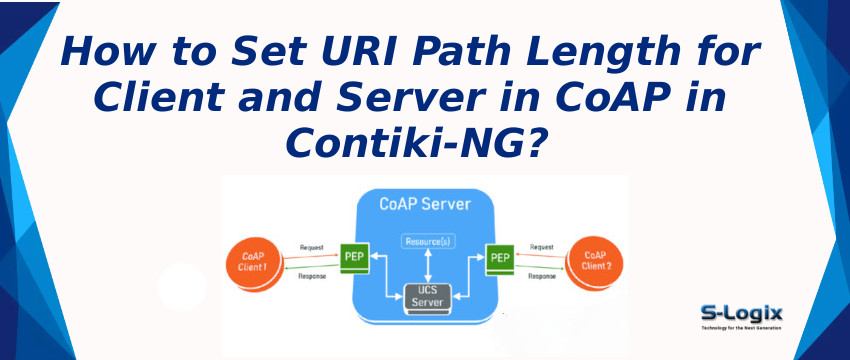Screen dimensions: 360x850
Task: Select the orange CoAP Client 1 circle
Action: coord(251,262)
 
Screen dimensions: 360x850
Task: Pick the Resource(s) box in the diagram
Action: coord(428,242)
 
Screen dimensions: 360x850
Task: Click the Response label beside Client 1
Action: coord(311,276)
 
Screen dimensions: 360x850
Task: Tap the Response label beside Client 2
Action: coord(542,276)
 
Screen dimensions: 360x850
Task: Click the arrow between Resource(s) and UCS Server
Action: coord(428,266)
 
